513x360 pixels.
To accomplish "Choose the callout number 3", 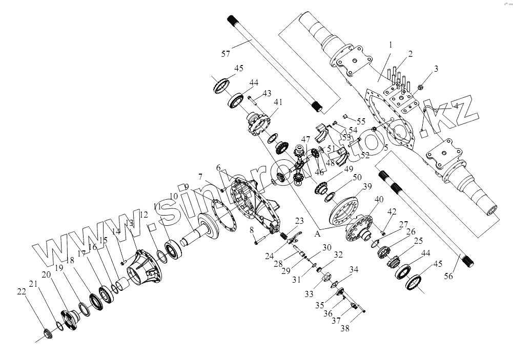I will [x=436, y=69].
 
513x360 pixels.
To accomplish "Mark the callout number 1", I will [x=391, y=45].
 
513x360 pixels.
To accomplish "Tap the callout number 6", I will [x=218, y=168].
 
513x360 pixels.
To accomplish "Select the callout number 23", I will [x=298, y=221].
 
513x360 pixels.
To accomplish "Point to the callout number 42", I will [x=392, y=211].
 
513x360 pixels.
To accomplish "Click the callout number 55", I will [x=362, y=122].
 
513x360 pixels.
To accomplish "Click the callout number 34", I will [x=354, y=270].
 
